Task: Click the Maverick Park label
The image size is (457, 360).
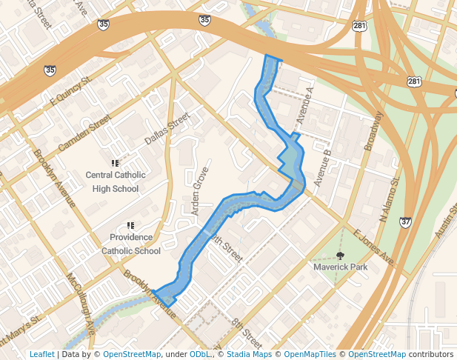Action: [x=340, y=267]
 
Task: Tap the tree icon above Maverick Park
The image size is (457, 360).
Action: [x=340, y=255]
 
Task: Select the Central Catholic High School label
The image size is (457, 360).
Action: [x=115, y=181]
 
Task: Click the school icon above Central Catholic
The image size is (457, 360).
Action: [x=115, y=162]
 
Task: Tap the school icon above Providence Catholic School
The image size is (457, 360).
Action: [x=130, y=225]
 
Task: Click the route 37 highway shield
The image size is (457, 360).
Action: [x=405, y=221]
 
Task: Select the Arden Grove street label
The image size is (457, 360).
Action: [x=200, y=191]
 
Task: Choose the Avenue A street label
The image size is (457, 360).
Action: [x=305, y=105]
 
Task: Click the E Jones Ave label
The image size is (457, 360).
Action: [x=373, y=249]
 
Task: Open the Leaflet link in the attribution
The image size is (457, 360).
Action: [x=41, y=354]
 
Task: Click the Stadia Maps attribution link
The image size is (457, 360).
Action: [x=248, y=354]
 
